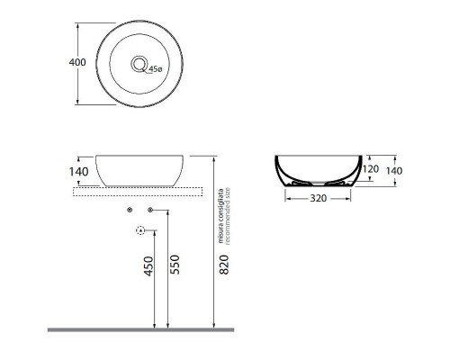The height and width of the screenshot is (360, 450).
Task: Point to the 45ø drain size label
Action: (x=155, y=68)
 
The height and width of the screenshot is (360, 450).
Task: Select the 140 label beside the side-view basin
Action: (x=77, y=170)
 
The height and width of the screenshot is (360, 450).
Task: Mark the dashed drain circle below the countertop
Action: (x=139, y=231)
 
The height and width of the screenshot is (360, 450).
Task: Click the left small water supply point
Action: (x=130, y=210)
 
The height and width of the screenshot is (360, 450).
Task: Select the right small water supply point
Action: (x=149, y=210)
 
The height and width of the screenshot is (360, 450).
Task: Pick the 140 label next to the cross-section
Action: (x=394, y=171)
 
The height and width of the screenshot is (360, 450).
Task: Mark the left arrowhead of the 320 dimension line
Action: (x=288, y=199)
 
